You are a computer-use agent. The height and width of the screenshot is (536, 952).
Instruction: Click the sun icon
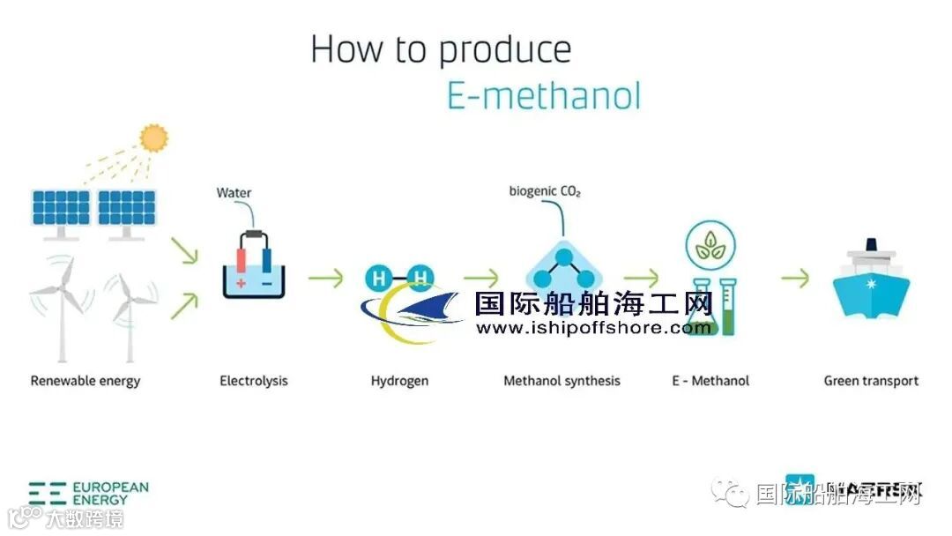tap(153, 138)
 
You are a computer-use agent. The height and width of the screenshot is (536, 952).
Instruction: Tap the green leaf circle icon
tap(710, 245)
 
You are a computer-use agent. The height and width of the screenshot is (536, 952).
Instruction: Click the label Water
tap(234, 192)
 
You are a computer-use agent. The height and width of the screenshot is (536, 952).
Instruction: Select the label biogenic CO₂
tap(545, 190)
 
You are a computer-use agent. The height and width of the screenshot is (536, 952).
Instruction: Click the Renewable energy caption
tap(86, 381)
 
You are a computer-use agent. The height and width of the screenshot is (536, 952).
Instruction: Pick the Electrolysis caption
tap(254, 381)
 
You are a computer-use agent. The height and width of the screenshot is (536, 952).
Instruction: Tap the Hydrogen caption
tap(399, 381)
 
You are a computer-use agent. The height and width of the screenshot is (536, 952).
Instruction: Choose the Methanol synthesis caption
tap(562, 381)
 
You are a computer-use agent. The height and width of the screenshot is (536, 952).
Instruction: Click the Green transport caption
tap(871, 381)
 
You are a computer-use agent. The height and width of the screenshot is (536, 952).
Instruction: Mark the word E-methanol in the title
tap(543, 94)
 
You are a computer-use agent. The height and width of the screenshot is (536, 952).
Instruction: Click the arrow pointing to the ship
tap(794, 278)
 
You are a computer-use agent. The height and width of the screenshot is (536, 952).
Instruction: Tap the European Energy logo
tap(88, 493)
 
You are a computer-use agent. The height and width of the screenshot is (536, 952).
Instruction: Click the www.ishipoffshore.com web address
tap(593, 328)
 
